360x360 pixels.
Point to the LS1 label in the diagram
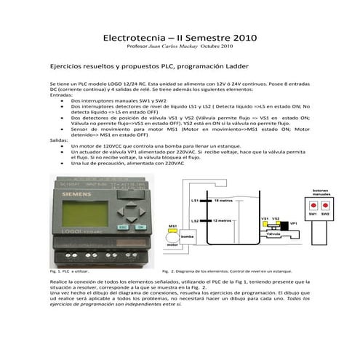[x=194, y=199]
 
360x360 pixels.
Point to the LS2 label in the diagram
[x=194, y=220]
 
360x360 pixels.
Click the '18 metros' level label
[x=223, y=199]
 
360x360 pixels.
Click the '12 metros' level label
[x=223, y=220]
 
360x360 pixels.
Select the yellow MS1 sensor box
[x=173, y=232]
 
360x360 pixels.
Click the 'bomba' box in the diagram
[x=187, y=237]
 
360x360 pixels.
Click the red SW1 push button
[x=313, y=207]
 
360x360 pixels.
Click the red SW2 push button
[x=325, y=207]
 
